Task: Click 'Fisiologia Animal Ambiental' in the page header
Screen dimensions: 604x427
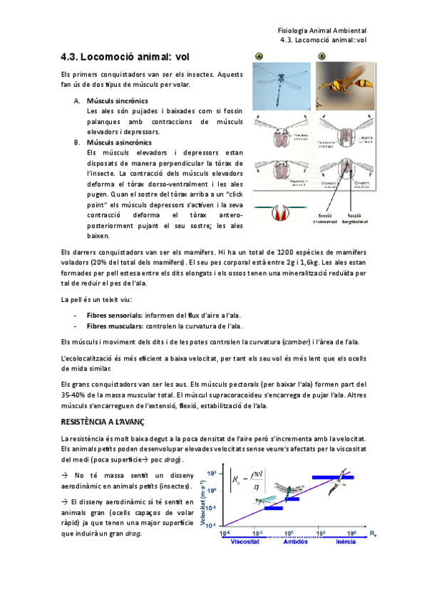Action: pyautogui.click(x=321, y=31)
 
